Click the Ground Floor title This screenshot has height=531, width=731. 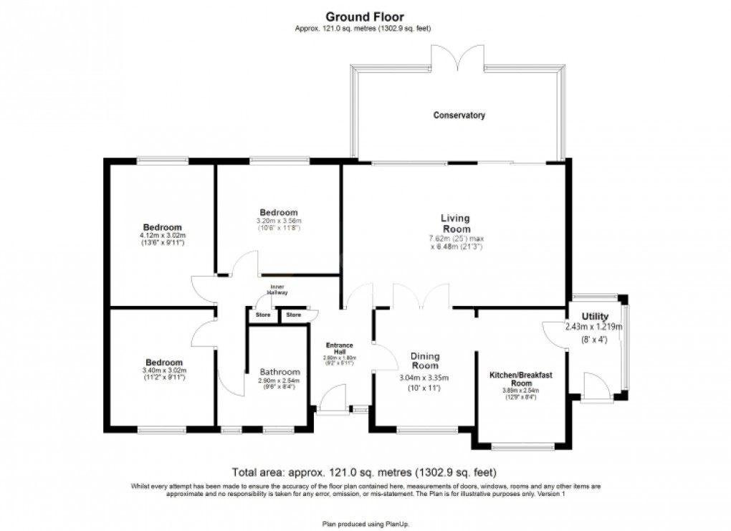click(365, 16)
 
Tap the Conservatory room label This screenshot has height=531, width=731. click(459, 115)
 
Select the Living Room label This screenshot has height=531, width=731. click(455, 224)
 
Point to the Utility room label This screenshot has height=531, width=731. click(595, 317)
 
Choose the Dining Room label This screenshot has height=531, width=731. click(425, 361)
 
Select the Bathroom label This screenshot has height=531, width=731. click(279, 372)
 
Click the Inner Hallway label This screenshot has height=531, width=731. click(277, 290)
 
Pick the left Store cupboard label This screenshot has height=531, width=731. click(264, 315)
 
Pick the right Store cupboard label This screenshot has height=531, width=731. click(294, 315)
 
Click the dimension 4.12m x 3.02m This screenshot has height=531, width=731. click(162, 235)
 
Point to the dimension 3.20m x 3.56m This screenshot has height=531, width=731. click(279, 221)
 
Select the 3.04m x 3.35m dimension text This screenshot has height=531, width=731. click(425, 378)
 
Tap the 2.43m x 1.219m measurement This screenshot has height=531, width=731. click(595, 327)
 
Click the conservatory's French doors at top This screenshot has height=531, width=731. click(459, 56)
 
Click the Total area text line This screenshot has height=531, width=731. click(365, 472)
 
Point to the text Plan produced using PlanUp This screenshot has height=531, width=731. click(365, 524)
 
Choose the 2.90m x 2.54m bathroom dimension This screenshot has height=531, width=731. click(279, 381)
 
